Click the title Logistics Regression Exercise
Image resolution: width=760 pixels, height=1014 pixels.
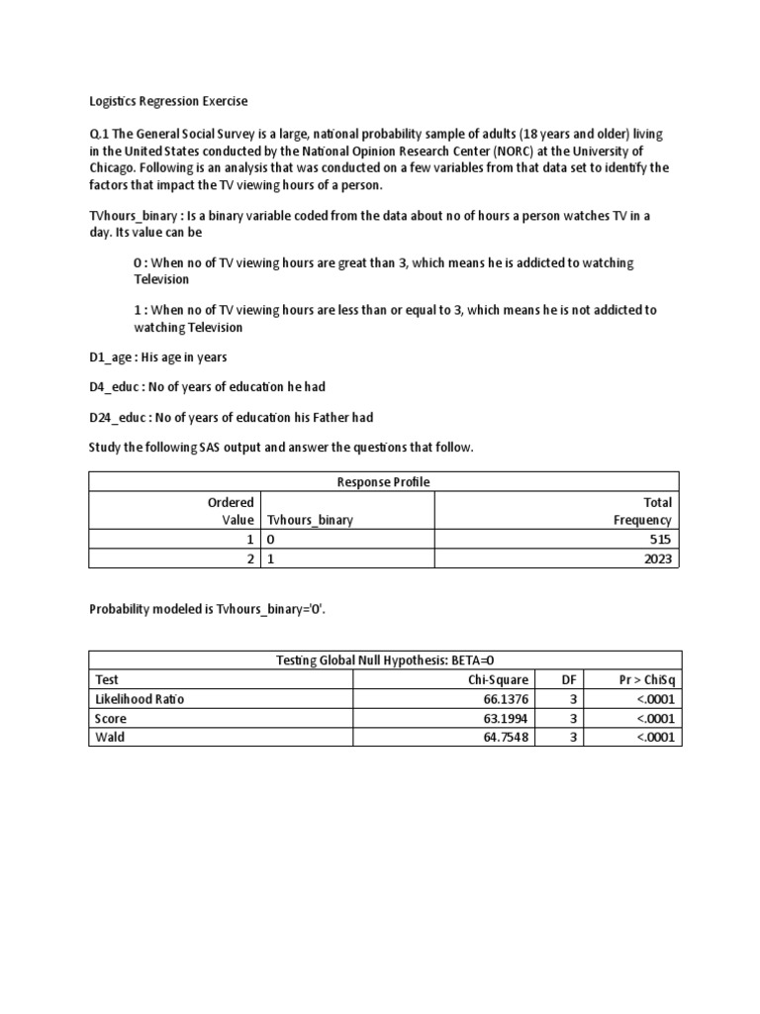168,102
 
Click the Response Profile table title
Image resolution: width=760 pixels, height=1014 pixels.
385,482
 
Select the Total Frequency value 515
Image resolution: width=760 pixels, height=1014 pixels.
660,540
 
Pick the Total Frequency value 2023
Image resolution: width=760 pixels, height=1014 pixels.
656,559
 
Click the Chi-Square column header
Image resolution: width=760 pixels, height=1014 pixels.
499,679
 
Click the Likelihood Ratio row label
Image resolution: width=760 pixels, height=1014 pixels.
140,699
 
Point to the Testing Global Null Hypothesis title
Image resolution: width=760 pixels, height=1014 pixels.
385,660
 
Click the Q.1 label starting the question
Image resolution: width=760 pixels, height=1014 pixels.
99,134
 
